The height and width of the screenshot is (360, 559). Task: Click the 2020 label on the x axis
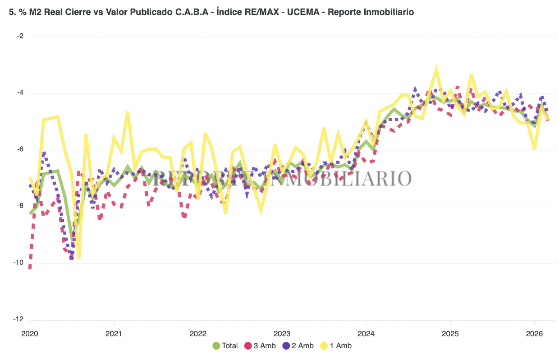pos(30,334)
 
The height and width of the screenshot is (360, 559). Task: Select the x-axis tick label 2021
pos(114,334)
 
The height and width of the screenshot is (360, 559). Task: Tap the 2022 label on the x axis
pos(198,334)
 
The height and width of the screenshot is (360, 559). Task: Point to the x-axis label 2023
pos(282,334)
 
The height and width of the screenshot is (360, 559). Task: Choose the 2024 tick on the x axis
pos(366,334)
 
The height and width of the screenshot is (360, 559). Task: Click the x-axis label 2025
pos(450,334)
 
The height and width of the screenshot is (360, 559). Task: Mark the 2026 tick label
pos(534,334)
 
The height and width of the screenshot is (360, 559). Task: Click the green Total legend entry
pos(225,346)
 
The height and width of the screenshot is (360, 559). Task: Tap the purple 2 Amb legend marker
pos(286,346)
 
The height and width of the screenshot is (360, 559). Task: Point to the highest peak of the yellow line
pos(436,68)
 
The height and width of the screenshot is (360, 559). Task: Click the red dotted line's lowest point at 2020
pos(30,268)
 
